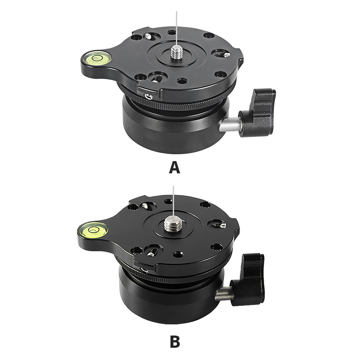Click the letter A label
(174, 167)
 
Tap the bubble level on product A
(96, 58)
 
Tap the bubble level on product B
(92, 229)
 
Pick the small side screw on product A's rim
(149, 97)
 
